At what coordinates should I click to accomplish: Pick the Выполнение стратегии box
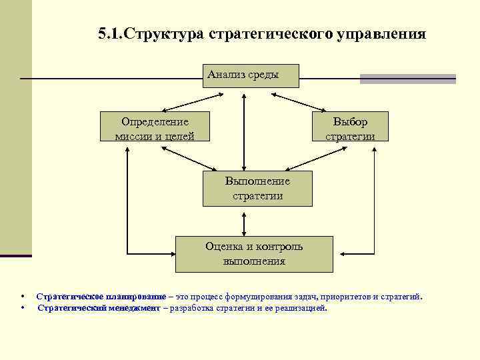click(257, 188)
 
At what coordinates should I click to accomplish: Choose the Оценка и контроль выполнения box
click(254, 253)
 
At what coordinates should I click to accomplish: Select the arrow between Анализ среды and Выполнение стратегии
click(245, 130)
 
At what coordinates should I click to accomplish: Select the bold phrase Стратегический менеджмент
click(99, 308)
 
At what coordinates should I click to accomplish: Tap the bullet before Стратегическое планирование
click(23, 297)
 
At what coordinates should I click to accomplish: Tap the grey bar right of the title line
click(407, 79)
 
